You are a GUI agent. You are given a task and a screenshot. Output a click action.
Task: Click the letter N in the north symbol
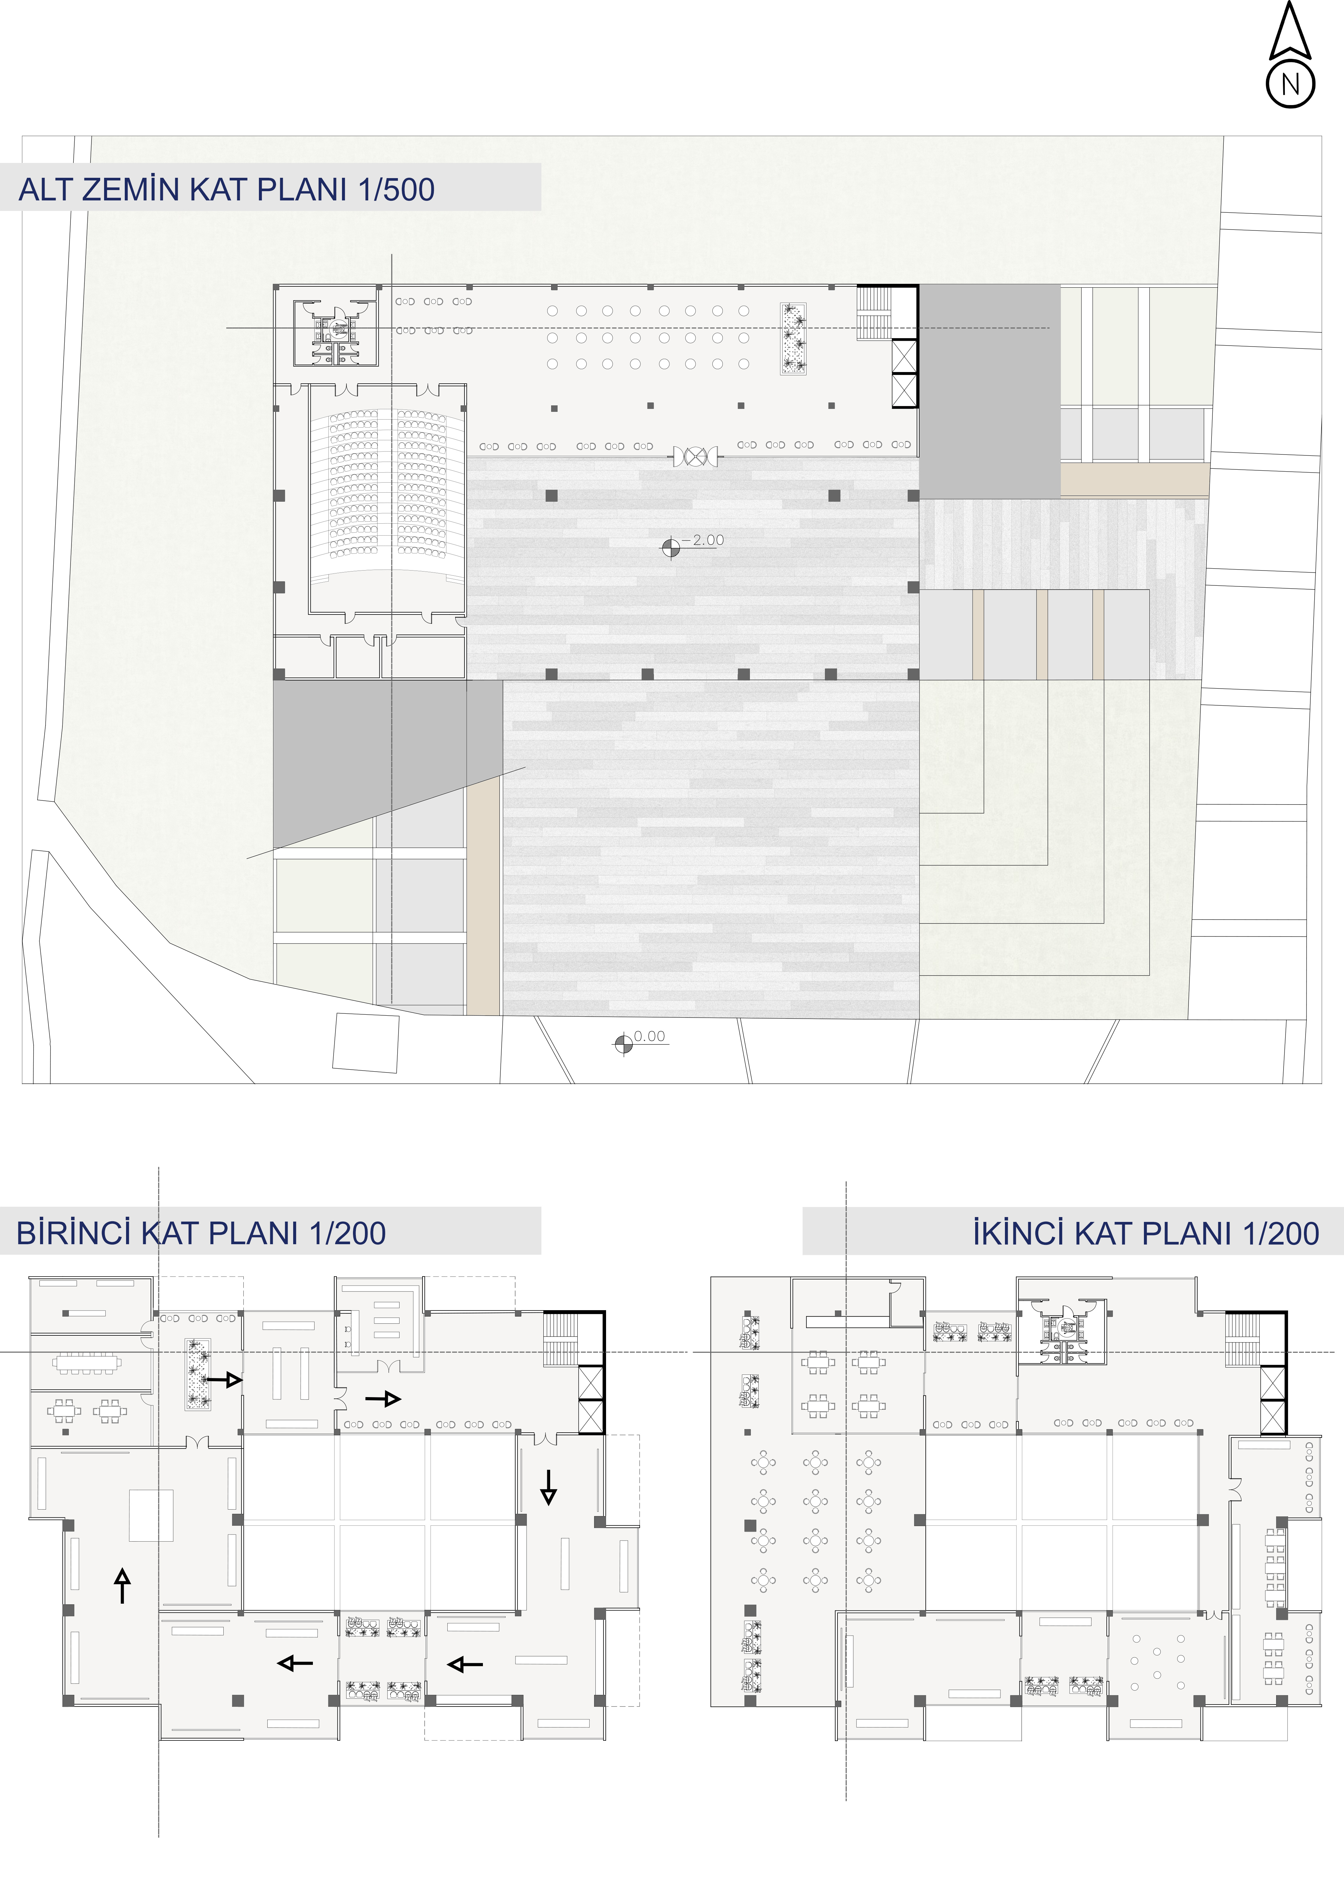1290,85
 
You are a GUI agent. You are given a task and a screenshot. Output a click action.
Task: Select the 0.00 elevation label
650,1036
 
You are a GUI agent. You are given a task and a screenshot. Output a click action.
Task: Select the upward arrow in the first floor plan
123,1586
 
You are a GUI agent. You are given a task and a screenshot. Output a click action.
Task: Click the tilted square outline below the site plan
366,1043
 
